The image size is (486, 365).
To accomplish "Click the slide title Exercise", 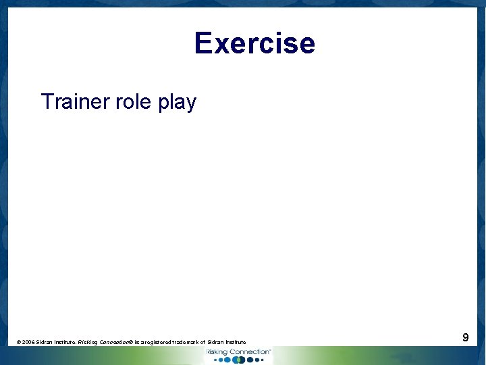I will (x=254, y=43).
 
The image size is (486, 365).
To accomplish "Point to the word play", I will (x=177, y=103).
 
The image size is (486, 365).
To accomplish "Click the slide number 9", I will (x=466, y=337).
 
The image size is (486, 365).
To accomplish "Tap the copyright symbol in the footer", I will (x=18, y=343).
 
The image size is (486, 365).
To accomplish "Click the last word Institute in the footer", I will (x=235, y=343).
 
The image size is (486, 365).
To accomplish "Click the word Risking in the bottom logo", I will (x=217, y=352).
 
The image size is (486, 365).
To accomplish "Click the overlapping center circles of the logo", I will (x=237, y=360).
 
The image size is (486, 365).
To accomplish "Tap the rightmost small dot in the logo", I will (x=259, y=360).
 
